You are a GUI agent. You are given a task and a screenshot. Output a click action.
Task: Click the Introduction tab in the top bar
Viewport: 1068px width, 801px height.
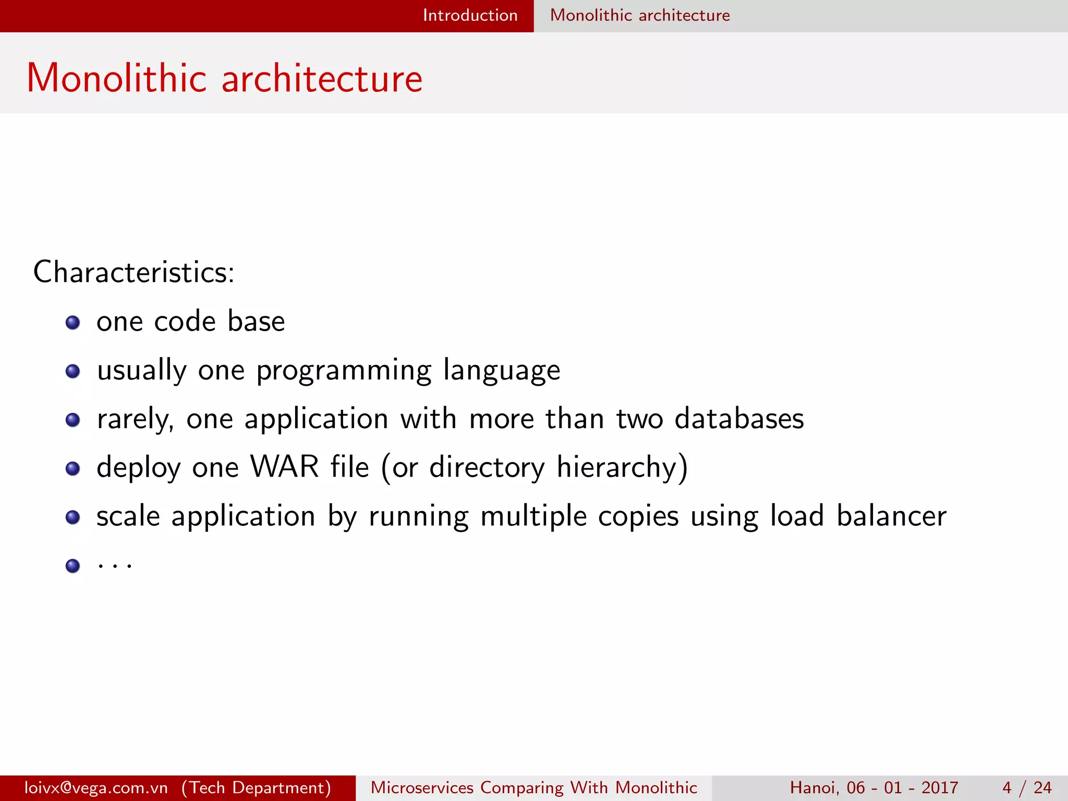[x=470, y=15]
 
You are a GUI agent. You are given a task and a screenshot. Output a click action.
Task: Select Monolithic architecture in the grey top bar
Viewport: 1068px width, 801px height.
[x=640, y=15]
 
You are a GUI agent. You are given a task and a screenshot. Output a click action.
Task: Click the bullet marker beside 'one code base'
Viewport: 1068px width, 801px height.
[x=72, y=323]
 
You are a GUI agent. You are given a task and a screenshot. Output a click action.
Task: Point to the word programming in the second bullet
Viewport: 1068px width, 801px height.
[x=344, y=371]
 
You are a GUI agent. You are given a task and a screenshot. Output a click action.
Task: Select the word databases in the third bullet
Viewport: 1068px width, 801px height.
[x=739, y=419]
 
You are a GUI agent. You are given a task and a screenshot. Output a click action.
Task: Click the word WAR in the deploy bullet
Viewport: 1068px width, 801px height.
[x=284, y=467]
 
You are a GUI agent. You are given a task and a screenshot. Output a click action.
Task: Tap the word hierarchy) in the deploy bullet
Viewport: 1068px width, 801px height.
[x=622, y=467]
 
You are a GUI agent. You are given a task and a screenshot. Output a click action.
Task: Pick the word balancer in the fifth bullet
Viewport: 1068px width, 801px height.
[x=891, y=516]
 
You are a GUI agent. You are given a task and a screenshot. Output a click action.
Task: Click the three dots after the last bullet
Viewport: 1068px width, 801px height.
[x=115, y=565]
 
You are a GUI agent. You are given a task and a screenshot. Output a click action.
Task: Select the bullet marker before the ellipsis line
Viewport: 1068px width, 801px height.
[x=72, y=566]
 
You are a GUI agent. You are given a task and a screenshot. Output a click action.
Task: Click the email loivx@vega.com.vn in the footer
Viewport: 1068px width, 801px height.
[x=96, y=787]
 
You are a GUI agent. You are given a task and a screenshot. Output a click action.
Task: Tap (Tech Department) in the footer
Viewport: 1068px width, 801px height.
[x=256, y=787]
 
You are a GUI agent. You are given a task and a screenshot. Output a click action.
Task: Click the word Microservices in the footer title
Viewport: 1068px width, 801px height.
[x=422, y=787]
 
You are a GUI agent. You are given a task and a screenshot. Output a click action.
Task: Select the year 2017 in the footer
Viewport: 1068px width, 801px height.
[x=940, y=787]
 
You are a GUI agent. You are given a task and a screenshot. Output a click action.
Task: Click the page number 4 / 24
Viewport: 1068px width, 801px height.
[x=1027, y=787]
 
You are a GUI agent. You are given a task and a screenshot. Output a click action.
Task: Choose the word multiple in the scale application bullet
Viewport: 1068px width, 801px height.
[x=533, y=517]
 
